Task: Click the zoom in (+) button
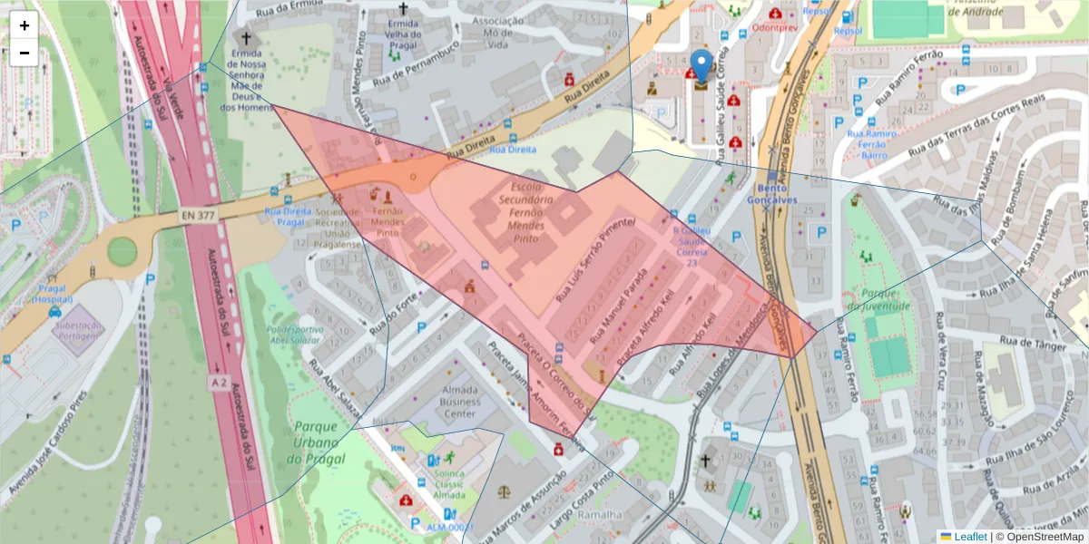(25, 25)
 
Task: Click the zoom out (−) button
(25, 53)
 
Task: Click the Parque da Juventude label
(872, 300)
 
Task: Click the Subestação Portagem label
(76, 330)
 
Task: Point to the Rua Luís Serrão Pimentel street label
(595, 259)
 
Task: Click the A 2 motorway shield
(218, 384)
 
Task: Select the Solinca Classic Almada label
(447, 484)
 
